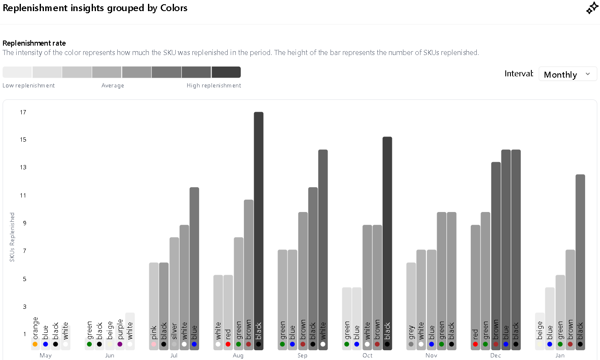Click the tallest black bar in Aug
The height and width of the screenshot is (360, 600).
258,230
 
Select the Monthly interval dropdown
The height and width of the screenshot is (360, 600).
568,74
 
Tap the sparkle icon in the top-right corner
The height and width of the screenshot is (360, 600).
592,8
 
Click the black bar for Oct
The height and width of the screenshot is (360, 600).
387,243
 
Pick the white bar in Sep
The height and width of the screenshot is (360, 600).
323,250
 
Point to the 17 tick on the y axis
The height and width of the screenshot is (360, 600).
23,112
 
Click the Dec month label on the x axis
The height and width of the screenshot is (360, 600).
496,355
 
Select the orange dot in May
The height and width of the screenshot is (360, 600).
35,344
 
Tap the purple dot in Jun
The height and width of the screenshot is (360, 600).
120,344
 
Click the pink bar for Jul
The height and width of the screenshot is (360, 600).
154,306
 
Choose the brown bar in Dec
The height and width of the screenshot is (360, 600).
496,256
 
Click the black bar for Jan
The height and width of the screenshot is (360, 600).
580,262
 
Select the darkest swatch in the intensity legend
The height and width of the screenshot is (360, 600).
226,72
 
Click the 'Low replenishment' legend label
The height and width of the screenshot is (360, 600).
29,86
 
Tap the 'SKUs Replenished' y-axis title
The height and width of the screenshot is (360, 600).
12,237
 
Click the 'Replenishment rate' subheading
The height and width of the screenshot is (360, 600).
34,43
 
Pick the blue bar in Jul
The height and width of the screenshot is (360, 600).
194,269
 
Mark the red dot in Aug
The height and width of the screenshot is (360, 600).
228,344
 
